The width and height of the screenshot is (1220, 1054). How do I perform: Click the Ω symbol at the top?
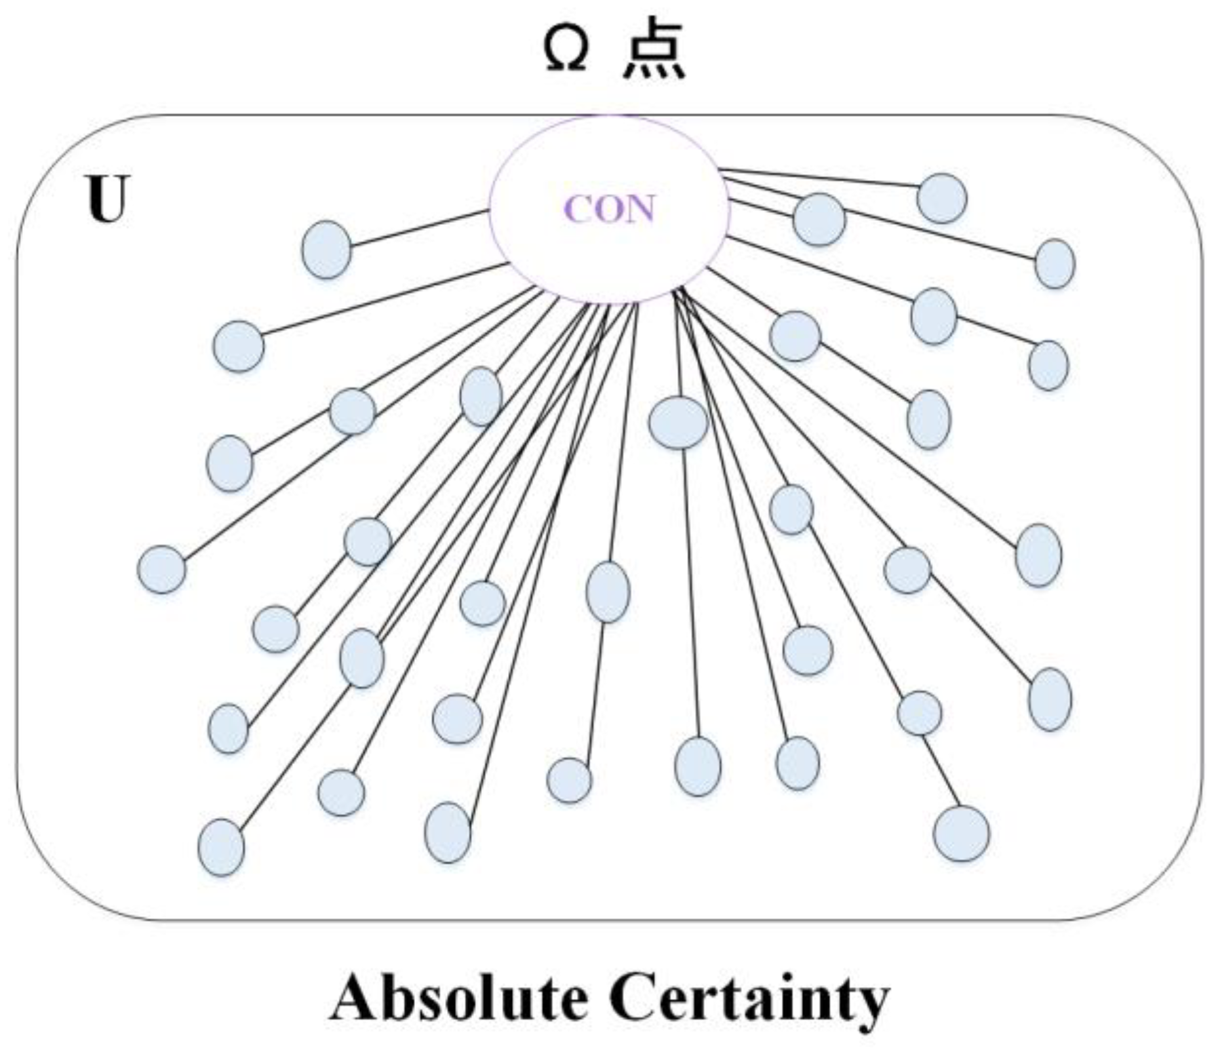(x=565, y=52)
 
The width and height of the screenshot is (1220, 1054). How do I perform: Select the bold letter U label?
(x=106, y=199)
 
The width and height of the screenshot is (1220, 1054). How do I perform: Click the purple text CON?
(x=609, y=210)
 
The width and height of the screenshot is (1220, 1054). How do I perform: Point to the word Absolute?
(x=458, y=999)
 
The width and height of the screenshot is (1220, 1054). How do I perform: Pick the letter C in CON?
(x=577, y=210)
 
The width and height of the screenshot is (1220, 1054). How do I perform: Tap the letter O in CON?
(x=608, y=210)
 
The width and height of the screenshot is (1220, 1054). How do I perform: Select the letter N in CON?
(x=640, y=210)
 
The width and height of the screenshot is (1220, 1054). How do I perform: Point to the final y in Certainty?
(x=869, y=1005)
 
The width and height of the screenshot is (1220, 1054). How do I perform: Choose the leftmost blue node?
(x=162, y=569)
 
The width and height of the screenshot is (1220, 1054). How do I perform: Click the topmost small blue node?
(x=942, y=198)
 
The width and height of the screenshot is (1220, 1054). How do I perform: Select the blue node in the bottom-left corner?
(x=222, y=847)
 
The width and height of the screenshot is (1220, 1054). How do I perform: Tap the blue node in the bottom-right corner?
(x=962, y=833)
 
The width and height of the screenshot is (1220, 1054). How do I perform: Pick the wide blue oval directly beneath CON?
(x=679, y=422)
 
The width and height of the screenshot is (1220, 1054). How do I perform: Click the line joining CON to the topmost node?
(x=819, y=178)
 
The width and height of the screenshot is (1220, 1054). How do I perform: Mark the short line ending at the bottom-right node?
(x=941, y=771)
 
